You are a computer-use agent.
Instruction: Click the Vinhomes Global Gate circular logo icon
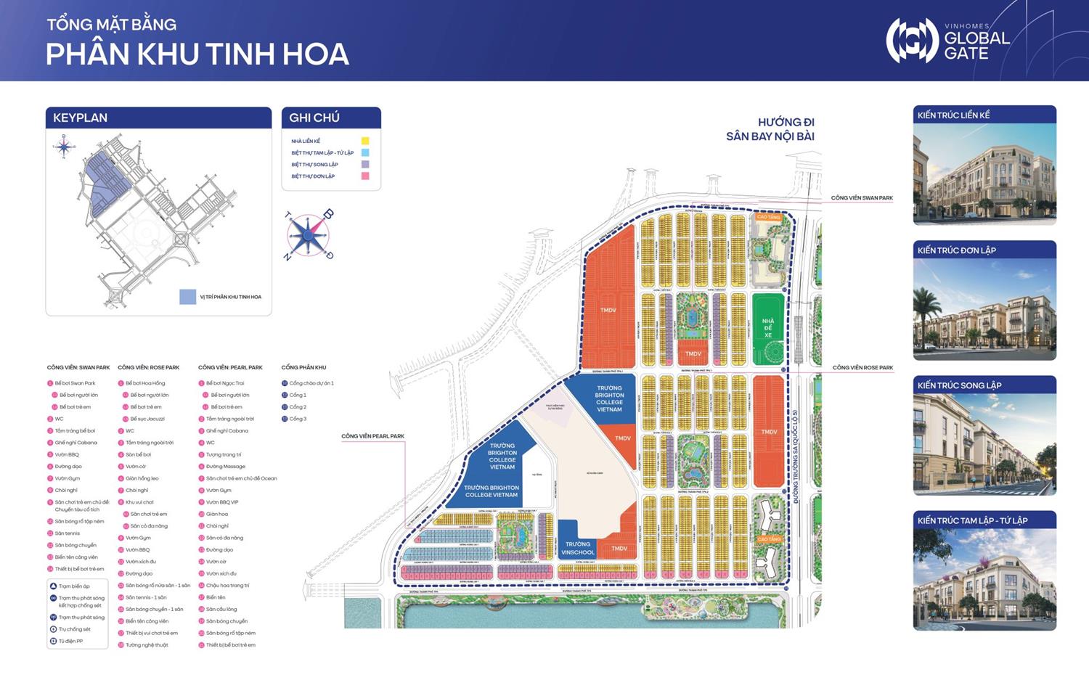912,41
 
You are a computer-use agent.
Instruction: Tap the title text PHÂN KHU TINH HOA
197,54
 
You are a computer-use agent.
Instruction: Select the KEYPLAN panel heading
81,118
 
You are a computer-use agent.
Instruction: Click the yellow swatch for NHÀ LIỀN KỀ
365,141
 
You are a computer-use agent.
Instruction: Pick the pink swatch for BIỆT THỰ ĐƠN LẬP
365,176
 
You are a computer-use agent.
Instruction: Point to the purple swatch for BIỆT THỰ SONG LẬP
365,165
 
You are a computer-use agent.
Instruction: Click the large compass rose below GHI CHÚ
309,236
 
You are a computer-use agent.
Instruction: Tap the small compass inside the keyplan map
64,148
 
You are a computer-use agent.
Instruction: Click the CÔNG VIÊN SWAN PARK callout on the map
862,198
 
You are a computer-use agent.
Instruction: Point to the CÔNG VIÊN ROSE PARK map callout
862,368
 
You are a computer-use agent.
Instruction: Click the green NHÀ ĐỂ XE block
768,328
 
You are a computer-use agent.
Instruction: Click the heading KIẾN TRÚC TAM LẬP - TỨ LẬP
973,520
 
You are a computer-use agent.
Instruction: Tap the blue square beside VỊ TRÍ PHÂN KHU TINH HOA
187,297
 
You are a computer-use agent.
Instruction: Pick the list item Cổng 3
298,419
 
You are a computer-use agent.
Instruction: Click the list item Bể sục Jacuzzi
147,419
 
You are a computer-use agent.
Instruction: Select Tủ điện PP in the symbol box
70,642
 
